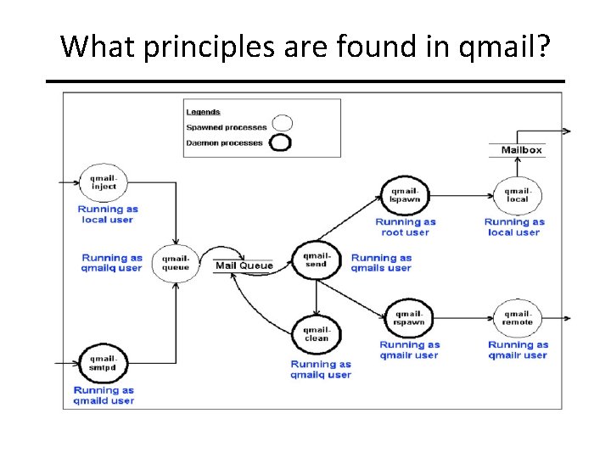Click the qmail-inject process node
pos(103,182)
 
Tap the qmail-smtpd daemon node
pos(103,364)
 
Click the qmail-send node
pos(316,260)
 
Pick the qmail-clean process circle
pos(316,333)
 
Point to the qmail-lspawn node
pos(404,196)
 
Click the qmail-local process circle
pos(518,196)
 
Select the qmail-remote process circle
pos(518,318)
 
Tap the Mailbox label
pos(521,150)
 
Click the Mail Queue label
pos(244,265)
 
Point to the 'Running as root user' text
pos(406,227)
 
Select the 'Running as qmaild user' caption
pos(104,395)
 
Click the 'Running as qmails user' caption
pos(381,263)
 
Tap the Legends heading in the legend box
pos(204,112)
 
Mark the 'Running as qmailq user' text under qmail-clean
pos(321,369)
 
